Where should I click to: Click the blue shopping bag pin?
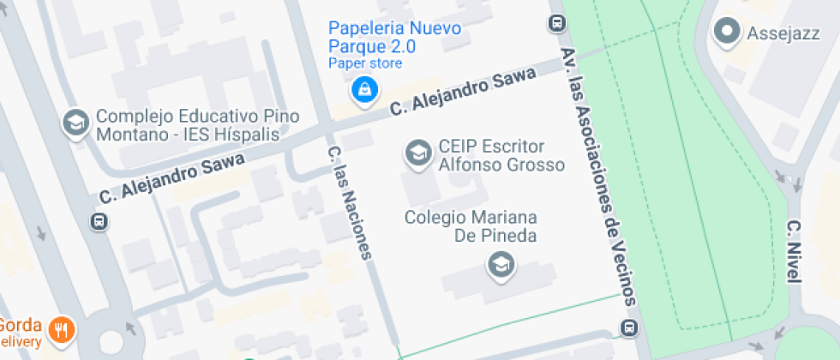[x=365, y=87]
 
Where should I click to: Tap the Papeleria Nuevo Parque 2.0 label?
[x=395, y=37]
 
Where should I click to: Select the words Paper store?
[x=365, y=63]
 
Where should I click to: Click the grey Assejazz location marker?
[x=728, y=33]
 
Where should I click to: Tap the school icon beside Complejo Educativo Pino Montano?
[x=76, y=123]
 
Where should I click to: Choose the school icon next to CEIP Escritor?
[x=417, y=154]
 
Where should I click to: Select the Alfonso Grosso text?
[x=501, y=165]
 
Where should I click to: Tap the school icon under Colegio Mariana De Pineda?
[x=500, y=266]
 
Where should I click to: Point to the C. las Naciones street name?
[x=352, y=202]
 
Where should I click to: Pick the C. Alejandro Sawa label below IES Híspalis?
[x=171, y=178]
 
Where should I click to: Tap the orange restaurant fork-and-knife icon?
[x=60, y=328]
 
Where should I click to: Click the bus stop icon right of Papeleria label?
[x=557, y=23]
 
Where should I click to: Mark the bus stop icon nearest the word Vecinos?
[x=630, y=327]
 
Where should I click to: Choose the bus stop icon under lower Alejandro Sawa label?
[x=99, y=222]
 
